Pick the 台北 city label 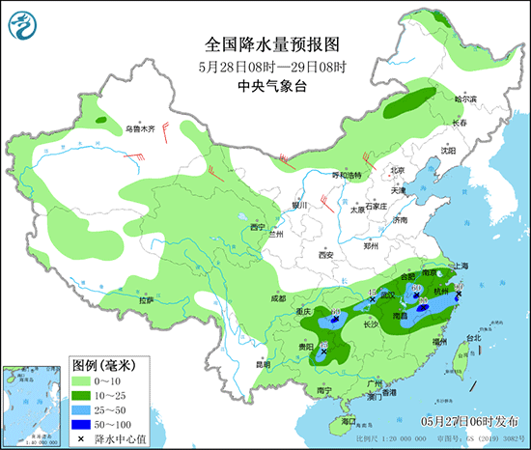click(473, 338)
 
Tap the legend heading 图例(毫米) click(104, 366)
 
